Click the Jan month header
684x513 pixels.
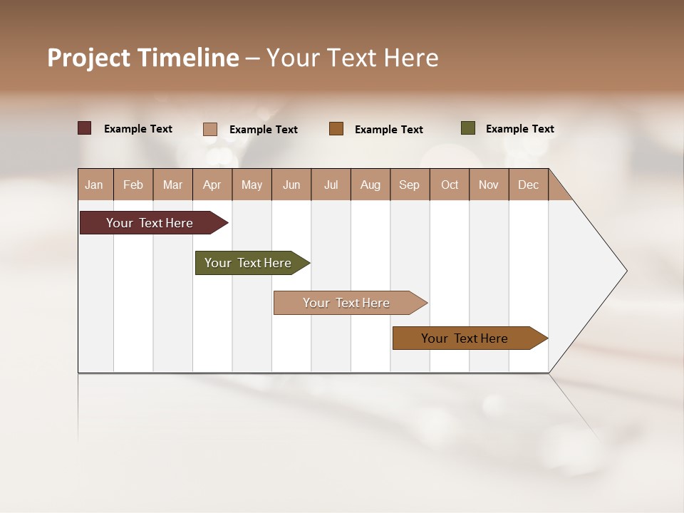(x=95, y=185)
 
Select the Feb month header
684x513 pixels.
(x=133, y=185)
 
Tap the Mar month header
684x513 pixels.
(x=172, y=185)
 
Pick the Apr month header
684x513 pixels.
(x=212, y=185)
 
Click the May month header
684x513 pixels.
(x=252, y=185)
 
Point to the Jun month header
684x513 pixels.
(x=291, y=185)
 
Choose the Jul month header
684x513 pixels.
(x=331, y=185)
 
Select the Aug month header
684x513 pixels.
(x=370, y=185)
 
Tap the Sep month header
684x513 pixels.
(x=410, y=185)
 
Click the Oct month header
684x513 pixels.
(x=450, y=185)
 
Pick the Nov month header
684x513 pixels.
(x=489, y=185)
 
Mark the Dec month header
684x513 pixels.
(x=529, y=185)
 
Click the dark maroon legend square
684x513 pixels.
(x=85, y=128)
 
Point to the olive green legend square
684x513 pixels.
(x=467, y=128)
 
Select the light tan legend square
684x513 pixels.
(x=210, y=129)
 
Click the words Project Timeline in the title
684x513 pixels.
(x=143, y=58)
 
